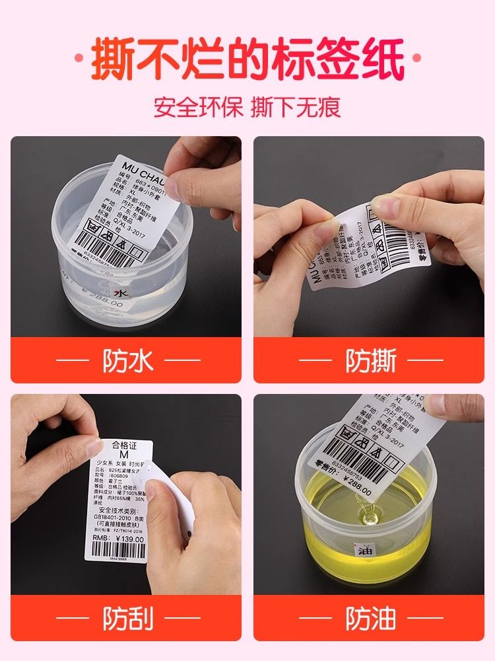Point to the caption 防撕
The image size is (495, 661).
(x=371, y=361)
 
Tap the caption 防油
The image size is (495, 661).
(x=371, y=619)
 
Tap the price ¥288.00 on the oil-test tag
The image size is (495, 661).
(x=354, y=490)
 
